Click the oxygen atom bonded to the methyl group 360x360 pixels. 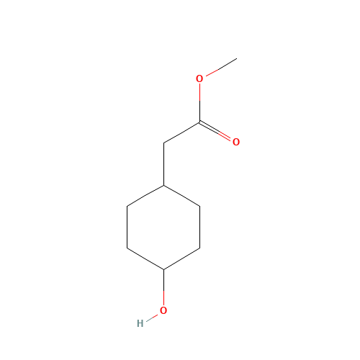[199, 78]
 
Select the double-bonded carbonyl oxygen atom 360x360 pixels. [236, 142]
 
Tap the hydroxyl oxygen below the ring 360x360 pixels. [163, 310]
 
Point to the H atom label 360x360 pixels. [140, 323]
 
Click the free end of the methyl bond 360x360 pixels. [237, 58]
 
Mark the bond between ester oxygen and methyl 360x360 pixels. [221, 67]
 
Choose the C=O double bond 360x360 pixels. [215, 131]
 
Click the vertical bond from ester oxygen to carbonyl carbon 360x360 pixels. [199, 103]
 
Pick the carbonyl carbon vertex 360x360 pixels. [199, 122]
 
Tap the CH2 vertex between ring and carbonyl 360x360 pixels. [163, 143]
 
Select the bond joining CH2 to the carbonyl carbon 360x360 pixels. [181, 132]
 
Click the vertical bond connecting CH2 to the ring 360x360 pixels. [163, 164]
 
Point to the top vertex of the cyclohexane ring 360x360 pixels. [163, 185]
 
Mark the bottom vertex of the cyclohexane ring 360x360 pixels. [163, 269]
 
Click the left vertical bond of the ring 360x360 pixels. [127, 227]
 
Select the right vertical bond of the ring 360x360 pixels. [199, 227]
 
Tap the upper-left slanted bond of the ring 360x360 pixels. [145, 196]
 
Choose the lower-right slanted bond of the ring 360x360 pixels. [181, 258]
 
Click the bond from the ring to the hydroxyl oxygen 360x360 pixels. [163, 287]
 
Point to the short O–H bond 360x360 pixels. [152, 318]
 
